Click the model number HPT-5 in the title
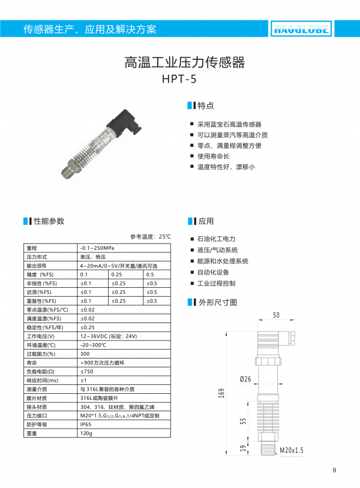pos(179,78)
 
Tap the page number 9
pos(334,470)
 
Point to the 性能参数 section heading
pos(48,221)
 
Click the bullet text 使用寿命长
pos(214,156)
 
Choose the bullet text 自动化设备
pos(214,272)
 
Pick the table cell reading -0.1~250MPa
pos(97,248)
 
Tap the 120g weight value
pos(86,433)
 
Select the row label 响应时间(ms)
pos(43,380)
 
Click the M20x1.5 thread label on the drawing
pos(291,448)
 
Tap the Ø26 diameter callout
pos(245,379)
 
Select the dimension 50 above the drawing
pos(276,315)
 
